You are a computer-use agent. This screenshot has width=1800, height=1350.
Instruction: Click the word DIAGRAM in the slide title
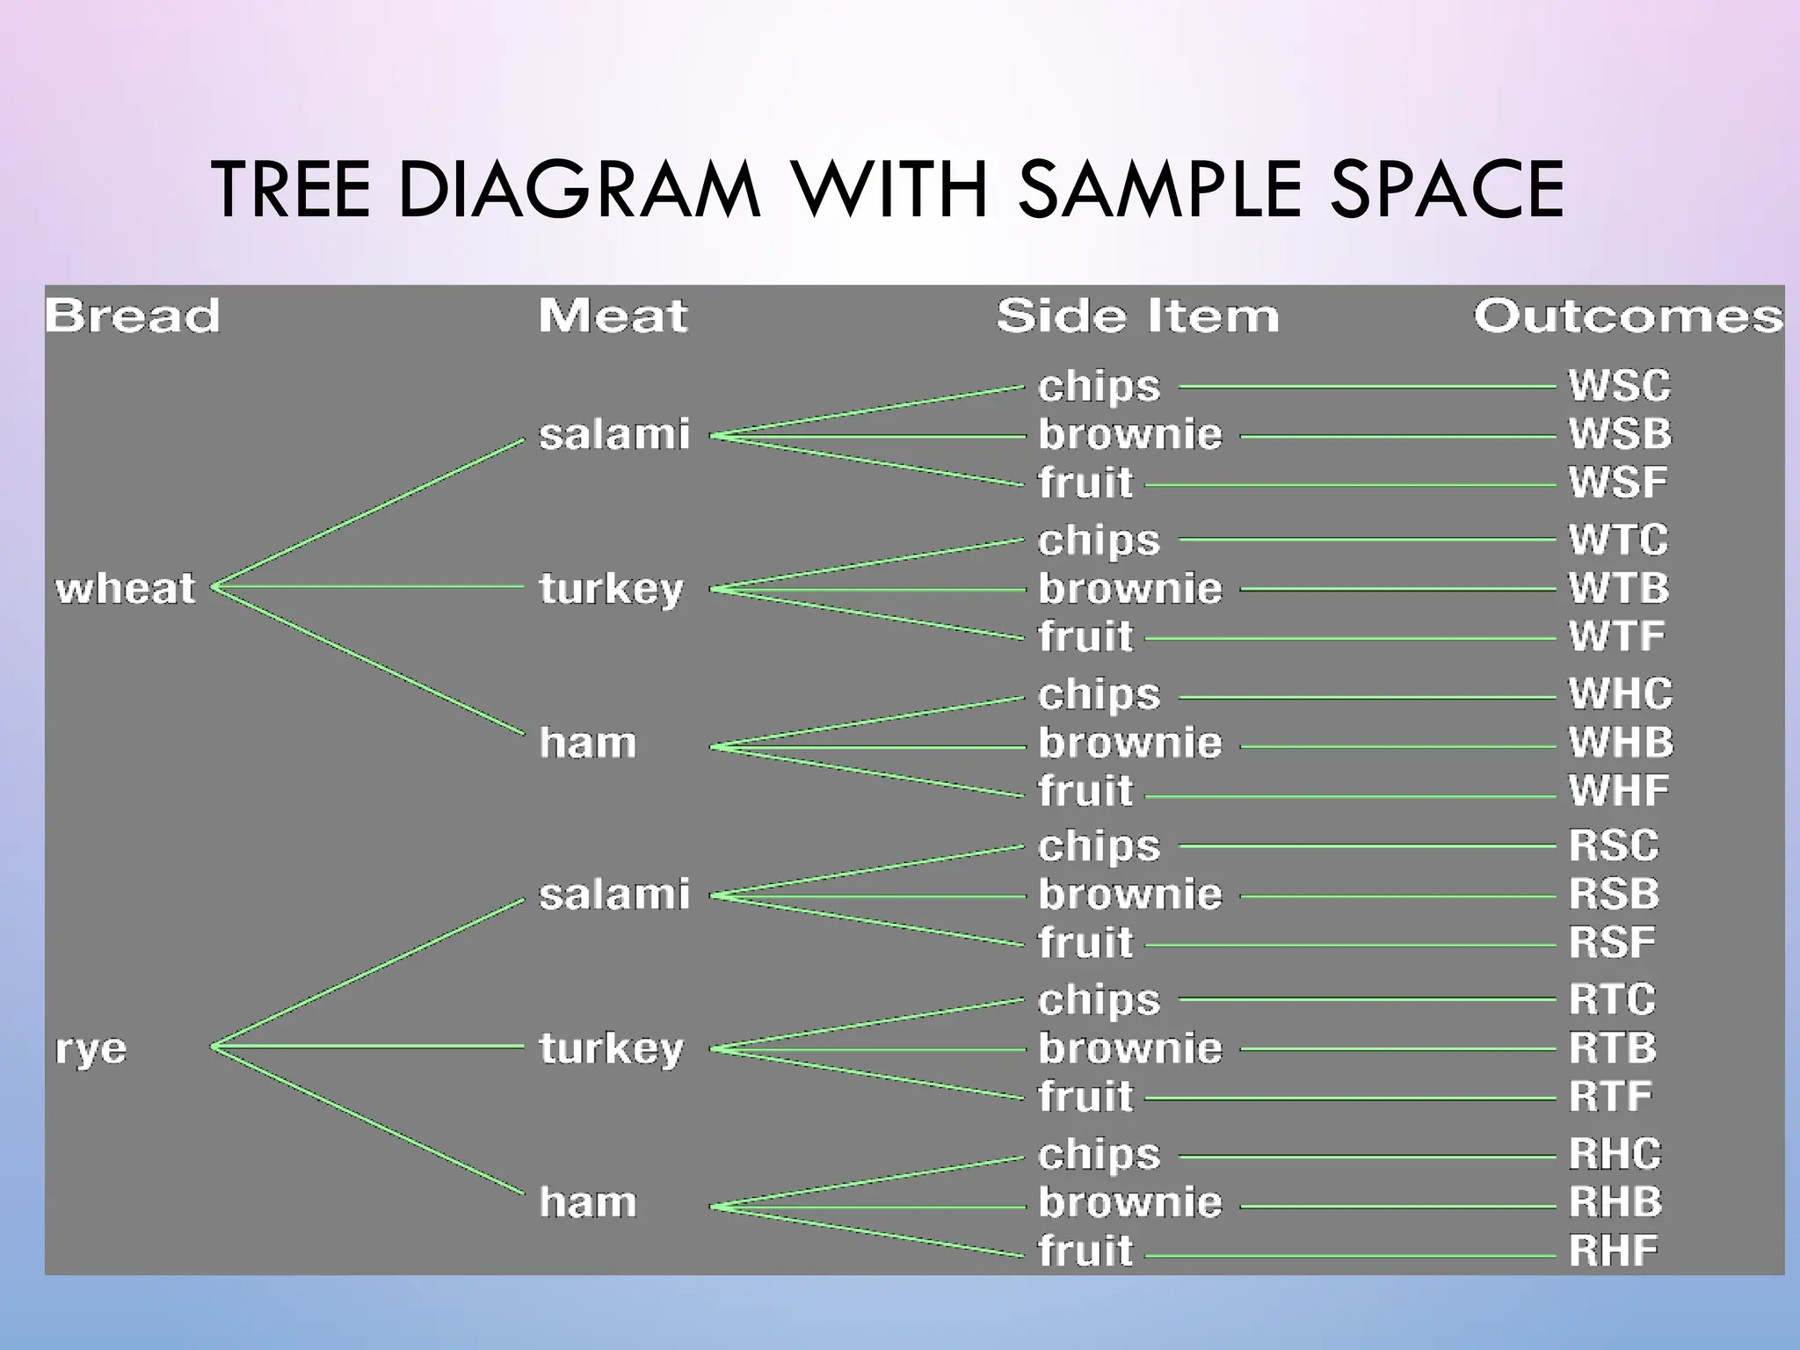[579, 189]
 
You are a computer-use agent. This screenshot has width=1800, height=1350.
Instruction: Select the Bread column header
[132, 316]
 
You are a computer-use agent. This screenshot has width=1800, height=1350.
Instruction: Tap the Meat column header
[613, 316]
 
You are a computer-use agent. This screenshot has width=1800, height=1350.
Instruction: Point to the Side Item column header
[1137, 316]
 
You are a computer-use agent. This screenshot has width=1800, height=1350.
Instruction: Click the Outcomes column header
[1628, 316]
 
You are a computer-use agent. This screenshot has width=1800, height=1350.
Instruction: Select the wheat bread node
[125, 588]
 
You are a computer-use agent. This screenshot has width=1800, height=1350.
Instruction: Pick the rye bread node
[91, 1049]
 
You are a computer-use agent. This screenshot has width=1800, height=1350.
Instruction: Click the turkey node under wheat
[611, 589]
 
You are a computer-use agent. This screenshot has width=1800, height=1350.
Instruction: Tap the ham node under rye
[587, 1201]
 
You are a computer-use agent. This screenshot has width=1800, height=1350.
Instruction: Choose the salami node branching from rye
[613, 895]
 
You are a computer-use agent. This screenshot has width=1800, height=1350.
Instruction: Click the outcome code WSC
[1619, 386]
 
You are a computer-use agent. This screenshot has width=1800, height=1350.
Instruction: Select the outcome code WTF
[1616, 636]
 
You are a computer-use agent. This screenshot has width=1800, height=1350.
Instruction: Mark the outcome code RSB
[1614, 895]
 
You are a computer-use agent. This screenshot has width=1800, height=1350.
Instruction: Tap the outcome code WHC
[1620, 694]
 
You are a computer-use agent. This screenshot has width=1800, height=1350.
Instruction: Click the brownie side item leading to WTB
[1129, 589]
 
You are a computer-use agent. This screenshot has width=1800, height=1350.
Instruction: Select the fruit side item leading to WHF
[1085, 791]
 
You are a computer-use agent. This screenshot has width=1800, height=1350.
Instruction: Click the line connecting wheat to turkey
[369, 586]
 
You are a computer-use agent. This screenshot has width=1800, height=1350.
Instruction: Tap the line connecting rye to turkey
[369, 1046]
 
